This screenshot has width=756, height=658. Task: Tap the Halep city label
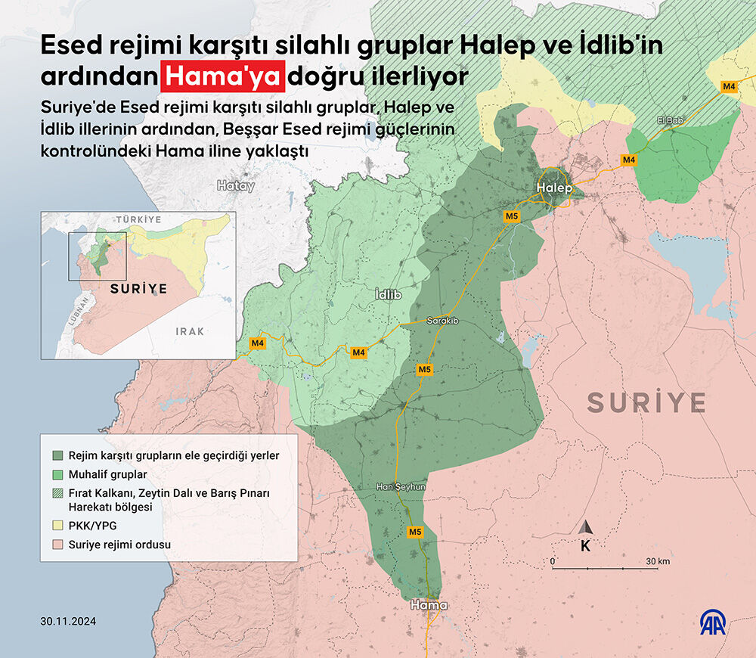(x=555, y=188)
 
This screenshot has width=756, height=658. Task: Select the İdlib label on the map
(x=388, y=294)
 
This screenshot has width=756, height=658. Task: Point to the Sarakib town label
(x=443, y=321)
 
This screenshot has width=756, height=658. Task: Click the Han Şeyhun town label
(x=401, y=488)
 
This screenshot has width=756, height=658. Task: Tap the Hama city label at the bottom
(x=429, y=606)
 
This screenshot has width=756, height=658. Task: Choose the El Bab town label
(x=671, y=120)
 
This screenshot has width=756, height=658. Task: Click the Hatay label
(x=236, y=185)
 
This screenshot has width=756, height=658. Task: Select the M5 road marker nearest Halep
(x=512, y=217)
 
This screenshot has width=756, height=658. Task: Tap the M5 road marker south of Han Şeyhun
(x=415, y=532)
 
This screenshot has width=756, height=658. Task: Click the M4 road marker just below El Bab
(x=629, y=160)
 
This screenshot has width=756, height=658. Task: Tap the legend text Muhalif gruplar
(x=107, y=474)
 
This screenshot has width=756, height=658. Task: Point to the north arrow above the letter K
(x=586, y=526)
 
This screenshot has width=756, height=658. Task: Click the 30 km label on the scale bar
(x=658, y=561)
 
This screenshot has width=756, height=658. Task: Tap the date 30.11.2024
(x=70, y=622)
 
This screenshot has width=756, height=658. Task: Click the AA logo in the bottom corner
(x=713, y=623)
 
